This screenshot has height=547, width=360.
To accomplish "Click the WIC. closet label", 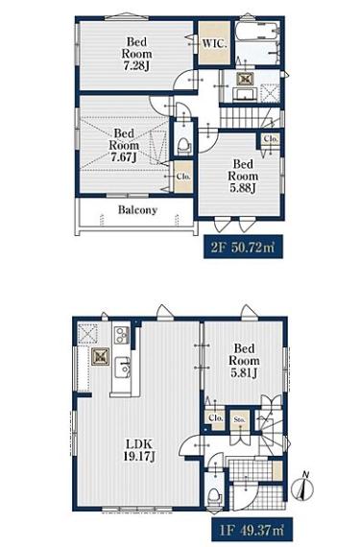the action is [214, 44].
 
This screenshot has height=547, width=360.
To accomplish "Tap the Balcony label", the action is [137, 209].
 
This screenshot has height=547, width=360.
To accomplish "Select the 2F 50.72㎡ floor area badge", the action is [243, 247].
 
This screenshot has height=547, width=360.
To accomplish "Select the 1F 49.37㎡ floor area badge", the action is [252, 530].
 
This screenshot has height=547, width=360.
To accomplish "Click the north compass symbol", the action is [302, 487].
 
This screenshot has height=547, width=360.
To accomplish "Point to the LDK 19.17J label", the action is [139, 450].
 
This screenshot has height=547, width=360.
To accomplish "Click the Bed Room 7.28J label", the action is [136, 54].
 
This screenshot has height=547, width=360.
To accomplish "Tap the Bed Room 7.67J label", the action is [124, 145].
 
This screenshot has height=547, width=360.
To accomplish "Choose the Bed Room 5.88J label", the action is [243, 176].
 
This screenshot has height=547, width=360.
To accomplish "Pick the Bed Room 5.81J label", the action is [244, 361].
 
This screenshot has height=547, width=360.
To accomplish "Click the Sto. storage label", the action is [240, 419].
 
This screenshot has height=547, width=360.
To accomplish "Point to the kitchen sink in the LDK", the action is [122, 368].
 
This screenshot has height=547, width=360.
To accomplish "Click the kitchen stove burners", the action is [121, 335].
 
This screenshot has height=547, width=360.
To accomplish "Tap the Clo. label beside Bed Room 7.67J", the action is [182, 177].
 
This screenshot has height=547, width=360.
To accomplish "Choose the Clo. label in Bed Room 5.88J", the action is [271, 139].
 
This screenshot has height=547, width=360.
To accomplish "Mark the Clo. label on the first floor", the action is [216, 417].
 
